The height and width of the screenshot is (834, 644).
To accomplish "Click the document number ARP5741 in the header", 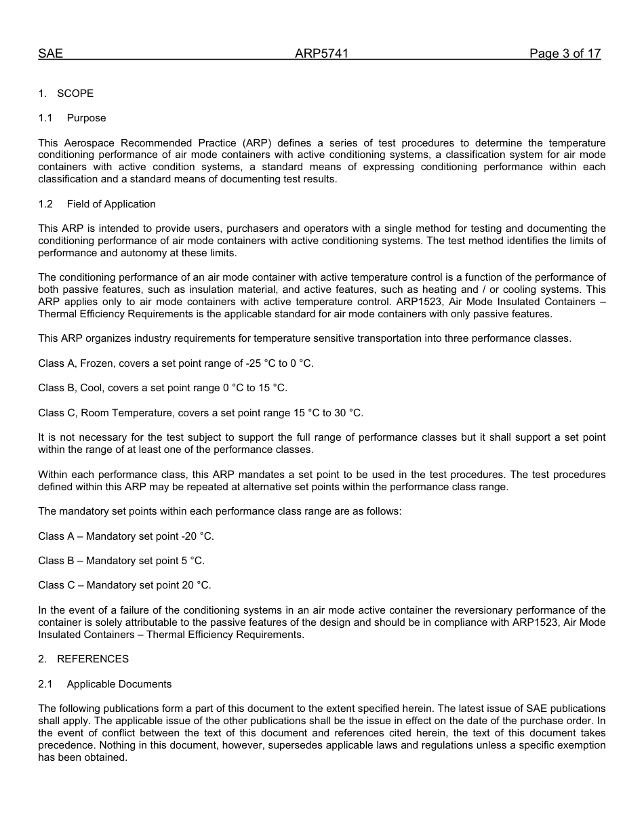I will click(x=321, y=54).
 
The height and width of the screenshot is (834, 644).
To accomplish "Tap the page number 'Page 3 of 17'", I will click(x=565, y=54).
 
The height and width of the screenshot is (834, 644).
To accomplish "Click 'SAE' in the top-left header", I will click(x=50, y=54).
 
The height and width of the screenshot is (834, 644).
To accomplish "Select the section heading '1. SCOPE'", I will click(x=66, y=94).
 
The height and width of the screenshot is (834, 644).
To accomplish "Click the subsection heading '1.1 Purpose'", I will click(x=73, y=118).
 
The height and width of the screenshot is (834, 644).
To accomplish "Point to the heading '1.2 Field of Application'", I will click(x=97, y=204).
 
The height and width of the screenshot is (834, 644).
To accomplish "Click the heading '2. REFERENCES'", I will click(x=83, y=659).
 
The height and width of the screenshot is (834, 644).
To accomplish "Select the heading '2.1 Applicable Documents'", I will click(x=105, y=684).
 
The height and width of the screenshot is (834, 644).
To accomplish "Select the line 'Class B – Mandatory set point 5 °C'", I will click(x=121, y=561).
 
